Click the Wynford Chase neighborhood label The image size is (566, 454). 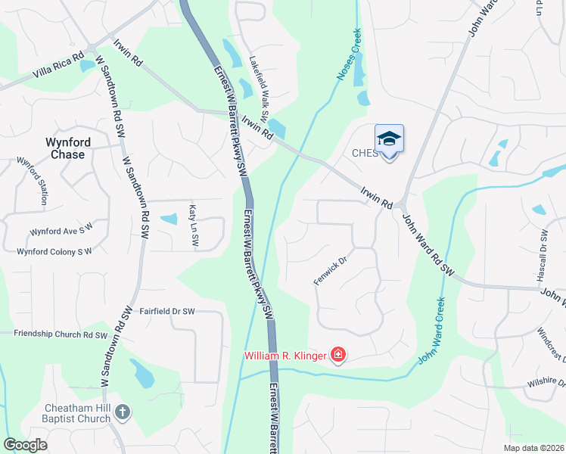click(68, 148)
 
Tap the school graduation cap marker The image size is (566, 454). click(389, 138)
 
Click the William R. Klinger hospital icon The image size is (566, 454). click(338, 355)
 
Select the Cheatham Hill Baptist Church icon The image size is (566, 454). click(123, 412)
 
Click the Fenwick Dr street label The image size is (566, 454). click(330, 271)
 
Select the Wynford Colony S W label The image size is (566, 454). click(54, 251)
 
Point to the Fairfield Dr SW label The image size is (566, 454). click(167, 311)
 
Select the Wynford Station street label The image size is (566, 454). click(33, 182)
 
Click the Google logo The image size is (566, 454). click(26, 445)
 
